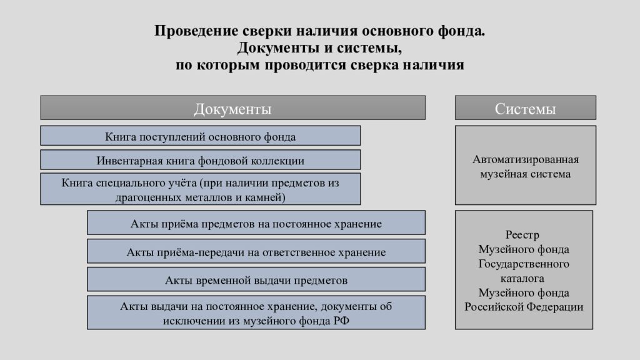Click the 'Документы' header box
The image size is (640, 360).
coord(232,107)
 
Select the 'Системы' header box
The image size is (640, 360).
coord(525,107)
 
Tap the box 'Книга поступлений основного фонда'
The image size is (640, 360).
coord(201,136)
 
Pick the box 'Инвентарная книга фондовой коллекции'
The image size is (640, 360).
coord(201,159)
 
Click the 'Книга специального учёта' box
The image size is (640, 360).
coord(201,189)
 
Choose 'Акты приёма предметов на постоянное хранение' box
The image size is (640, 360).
coord(256,222)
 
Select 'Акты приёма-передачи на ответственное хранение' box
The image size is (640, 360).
coord(256,251)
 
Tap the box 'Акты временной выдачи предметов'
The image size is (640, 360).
coord(256,279)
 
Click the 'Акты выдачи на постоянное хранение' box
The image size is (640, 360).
coord(256,312)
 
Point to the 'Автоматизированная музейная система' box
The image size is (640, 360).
coord(525,165)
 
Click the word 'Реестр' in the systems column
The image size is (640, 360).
coord(522,235)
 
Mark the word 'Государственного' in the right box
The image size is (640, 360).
coord(524,264)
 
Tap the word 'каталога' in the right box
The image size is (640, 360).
coord(522,278)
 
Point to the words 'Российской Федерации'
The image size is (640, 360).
coord(524,307)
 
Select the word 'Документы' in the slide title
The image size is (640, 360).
coord(278,48)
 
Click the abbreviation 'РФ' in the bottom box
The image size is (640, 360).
coord(341,321)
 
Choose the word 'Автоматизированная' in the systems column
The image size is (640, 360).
coord(526,159)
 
